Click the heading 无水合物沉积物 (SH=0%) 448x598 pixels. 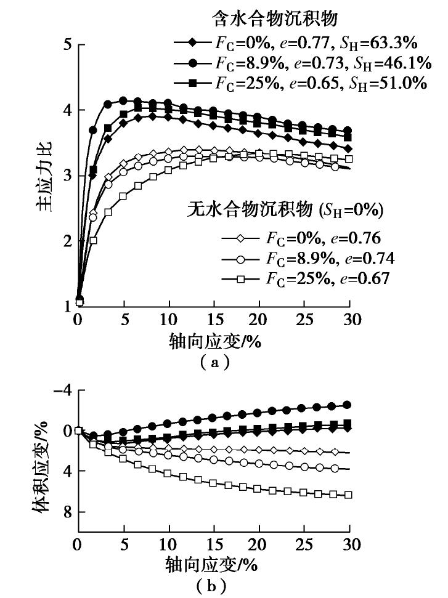(x=285, y=211)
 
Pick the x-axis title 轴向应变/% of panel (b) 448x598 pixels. (x=213, y=564)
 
